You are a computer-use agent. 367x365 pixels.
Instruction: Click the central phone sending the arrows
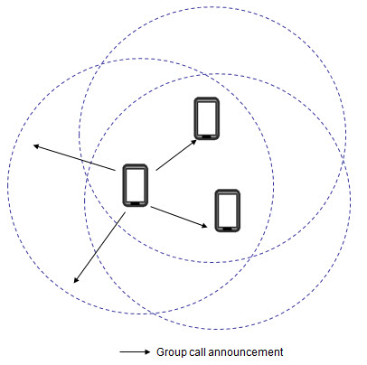point(136,185)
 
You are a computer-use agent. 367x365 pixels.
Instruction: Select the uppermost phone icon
point(207,118)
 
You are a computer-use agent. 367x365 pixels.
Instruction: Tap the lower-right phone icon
point(228,211)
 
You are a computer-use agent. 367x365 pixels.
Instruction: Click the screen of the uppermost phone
point(207,117)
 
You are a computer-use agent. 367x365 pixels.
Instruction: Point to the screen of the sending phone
point(136,184)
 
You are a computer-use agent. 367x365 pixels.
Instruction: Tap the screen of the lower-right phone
point(228,210)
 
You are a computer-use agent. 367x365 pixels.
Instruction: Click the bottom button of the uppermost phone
point(207,136)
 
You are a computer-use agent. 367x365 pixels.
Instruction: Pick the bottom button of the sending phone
point(136,203)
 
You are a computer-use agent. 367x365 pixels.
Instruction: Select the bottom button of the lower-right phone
point(228,229)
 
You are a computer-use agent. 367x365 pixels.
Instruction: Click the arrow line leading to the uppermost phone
point(176,155)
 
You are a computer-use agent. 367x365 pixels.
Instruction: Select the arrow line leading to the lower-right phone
point(179,217)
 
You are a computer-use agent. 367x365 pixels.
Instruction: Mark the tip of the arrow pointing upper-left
point(33,145)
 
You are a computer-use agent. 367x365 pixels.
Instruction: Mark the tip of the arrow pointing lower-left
point(74,283)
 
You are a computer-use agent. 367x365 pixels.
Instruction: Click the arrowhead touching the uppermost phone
point(194,142)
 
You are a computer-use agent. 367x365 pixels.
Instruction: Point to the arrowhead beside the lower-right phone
point(205,226)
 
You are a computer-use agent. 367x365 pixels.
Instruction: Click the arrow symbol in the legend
point(135,352)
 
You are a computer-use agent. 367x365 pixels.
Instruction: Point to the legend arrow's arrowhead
point(147,352)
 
